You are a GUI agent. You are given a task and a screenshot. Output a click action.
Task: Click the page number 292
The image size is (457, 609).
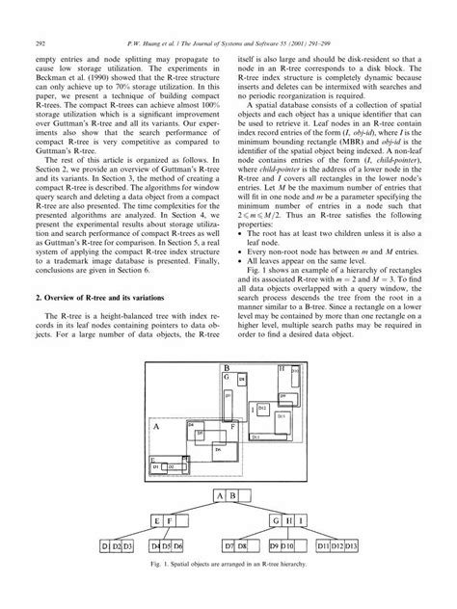[x=40, y=16]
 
